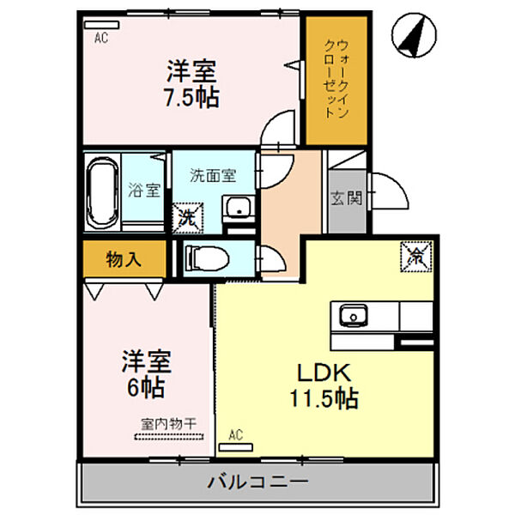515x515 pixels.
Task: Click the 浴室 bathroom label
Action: pyautogui.click(x=143, y=191)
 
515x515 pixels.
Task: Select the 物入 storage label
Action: pyautogui.click(x=124, y=258)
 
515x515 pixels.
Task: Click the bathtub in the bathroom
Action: pyautogui.click(x=101, y=191)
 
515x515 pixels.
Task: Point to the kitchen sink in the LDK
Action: pyautogui.click(x=352, y=317)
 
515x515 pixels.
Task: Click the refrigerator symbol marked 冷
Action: pyautogui.click(x=415, y=255)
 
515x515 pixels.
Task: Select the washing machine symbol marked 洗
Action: pyautogui.click(x=186, y=215)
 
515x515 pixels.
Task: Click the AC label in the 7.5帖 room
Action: pyautogui.click(x=101, y=37)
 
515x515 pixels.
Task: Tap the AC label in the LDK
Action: pyautogui.click(x=236, y=436)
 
